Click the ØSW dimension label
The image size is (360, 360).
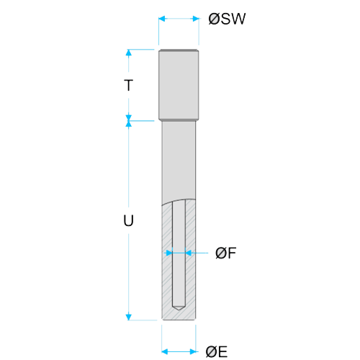point(227,19)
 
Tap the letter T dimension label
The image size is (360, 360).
point(129,85)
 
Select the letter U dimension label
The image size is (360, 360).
point(129,220)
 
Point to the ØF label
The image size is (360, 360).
point(225,253)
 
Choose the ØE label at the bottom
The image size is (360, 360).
point(217,352)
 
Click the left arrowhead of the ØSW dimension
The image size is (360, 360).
point(162,19)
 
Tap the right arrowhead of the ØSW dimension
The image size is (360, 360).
point(196,19)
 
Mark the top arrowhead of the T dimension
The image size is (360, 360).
point(129,53)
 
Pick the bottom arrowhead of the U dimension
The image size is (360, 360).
point(129,317)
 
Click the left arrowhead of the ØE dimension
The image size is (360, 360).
point(165,352)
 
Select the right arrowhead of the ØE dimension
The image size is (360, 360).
point(193,352)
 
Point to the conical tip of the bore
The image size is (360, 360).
point(179,307)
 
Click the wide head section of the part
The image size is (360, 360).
point(179,84)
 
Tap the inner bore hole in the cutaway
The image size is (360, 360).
point(179,254)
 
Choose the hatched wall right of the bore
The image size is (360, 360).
point(191,259)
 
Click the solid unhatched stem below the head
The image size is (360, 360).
point(179,160)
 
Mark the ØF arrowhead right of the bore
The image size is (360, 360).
point(189,253)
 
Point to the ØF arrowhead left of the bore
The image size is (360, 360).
point(169,253)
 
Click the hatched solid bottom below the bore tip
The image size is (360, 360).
point(179,315)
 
